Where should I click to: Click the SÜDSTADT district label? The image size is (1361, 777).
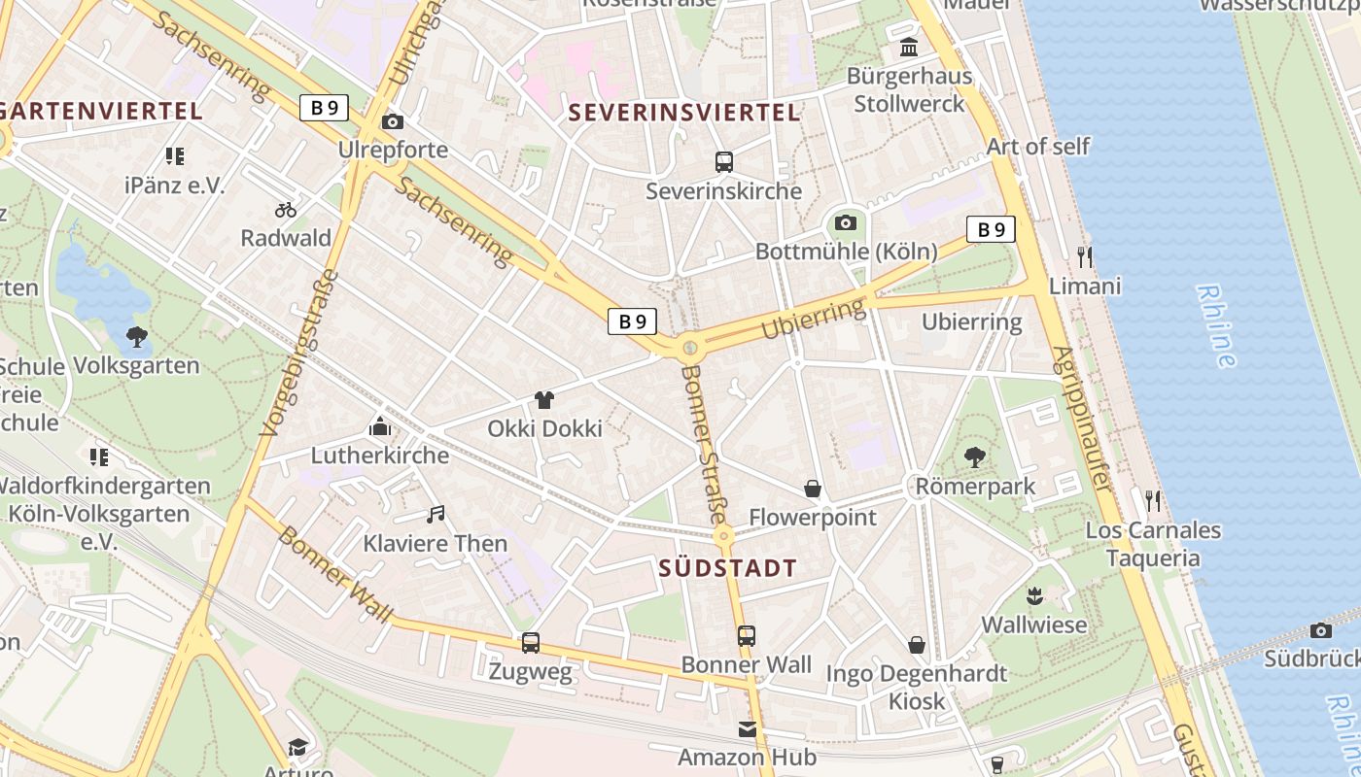[x=727, y=569]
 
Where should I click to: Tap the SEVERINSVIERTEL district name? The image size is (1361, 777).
[x=684, y=113]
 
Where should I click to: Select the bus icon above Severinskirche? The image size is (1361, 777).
[x=723, y=162]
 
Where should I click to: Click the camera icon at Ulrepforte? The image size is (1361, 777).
[x=393, y=121]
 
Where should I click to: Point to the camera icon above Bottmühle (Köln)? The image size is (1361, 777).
[x=846, y=222]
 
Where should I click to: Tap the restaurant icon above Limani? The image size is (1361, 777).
[x=1085, y=257]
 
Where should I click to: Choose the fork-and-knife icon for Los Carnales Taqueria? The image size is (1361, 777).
[x=1153, y=501]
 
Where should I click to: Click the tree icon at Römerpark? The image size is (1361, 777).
[x=974, y=457]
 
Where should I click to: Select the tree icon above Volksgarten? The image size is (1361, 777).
[x=137, y=337]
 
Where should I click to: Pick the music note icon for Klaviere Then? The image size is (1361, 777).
[x=436, y=515]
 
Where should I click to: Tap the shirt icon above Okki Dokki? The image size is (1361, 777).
[x=544, y=400]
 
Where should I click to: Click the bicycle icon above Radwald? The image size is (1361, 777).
[x=286, y=209]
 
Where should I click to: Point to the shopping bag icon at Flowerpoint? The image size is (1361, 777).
[x=813, y=489]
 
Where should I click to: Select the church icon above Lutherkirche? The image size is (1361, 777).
[x=380, y=426]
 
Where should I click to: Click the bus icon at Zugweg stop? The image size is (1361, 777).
[x=531, y=642]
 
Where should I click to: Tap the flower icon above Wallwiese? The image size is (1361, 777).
[x=1033, y=595]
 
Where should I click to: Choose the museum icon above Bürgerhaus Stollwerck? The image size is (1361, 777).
[x=909, y=48]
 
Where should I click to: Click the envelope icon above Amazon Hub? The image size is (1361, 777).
[x=747, y=728]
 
